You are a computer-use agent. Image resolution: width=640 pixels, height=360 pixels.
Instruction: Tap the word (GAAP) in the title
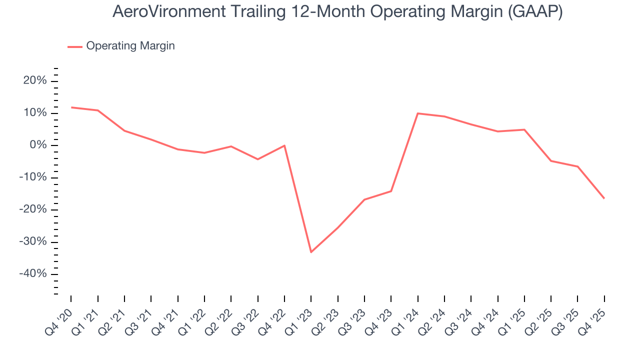pyautogui.click(x=534, y=11)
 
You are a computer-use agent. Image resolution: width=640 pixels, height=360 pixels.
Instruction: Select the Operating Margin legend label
pyautogui.click(x=130, y=46)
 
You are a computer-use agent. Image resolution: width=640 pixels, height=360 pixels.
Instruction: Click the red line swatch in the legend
pyautogui.click(x=75, y=46)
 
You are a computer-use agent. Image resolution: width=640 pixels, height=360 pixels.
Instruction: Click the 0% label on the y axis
pyautogui.click(x=38, y=145)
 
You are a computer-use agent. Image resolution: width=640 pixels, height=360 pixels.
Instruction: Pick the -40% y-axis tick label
pyautogui.click(x=33, y=274)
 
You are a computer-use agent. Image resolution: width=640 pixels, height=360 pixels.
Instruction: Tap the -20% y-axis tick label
pyautogui.click(x=33, y=210)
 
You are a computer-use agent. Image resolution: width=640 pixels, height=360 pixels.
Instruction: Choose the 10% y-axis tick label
pyautogui.click(x=35, y=113)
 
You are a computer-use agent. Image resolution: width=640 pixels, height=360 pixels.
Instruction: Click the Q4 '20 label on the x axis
pyautogui.click(x=60, y=316)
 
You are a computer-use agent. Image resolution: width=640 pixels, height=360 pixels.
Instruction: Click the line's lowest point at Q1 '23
pyautogui.click(x=311, y=252)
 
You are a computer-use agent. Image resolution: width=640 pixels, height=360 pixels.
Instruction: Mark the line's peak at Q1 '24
pyautogui.click(x=417, y=113)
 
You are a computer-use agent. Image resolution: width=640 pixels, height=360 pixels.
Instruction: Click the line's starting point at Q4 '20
pyautogui.click(x=71, y=107)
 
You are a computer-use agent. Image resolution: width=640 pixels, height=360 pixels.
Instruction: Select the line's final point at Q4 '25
pyautogui.click(x=604, y=198)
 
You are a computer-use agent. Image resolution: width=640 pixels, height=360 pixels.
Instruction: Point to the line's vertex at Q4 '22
pyautogui.click(x=284, y=145)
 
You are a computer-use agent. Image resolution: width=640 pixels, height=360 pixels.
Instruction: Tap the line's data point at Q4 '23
pyautogui.click(x=391, y=191)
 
